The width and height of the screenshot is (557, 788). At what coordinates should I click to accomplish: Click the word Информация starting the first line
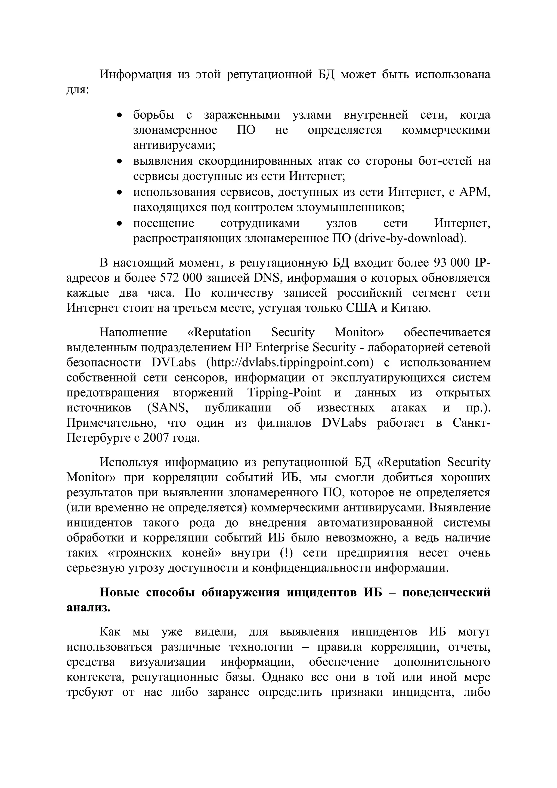pyautogui.click(x=135, y=75)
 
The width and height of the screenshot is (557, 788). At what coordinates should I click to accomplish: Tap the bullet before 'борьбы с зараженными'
pyautogui.click(x=119, y=115)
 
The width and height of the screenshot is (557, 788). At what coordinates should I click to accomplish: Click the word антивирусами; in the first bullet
pyautogui.click(x=174, y=145)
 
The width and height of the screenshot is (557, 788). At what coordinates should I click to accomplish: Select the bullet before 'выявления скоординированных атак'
pyautogui.click(x=119, y=161)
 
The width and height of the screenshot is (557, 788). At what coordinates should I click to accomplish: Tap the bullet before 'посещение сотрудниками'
pyautogui.click(x=119, y=223)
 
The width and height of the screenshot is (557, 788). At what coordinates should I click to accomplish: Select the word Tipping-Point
pyautogui.click(x=284, y=393)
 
